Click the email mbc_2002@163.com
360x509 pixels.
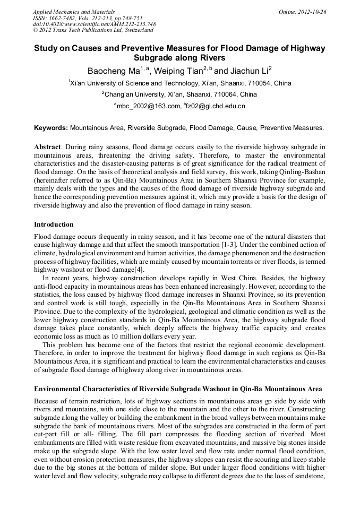149,106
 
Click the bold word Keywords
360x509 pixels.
50,128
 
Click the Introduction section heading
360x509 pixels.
54,225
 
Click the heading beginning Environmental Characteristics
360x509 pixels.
177,389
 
